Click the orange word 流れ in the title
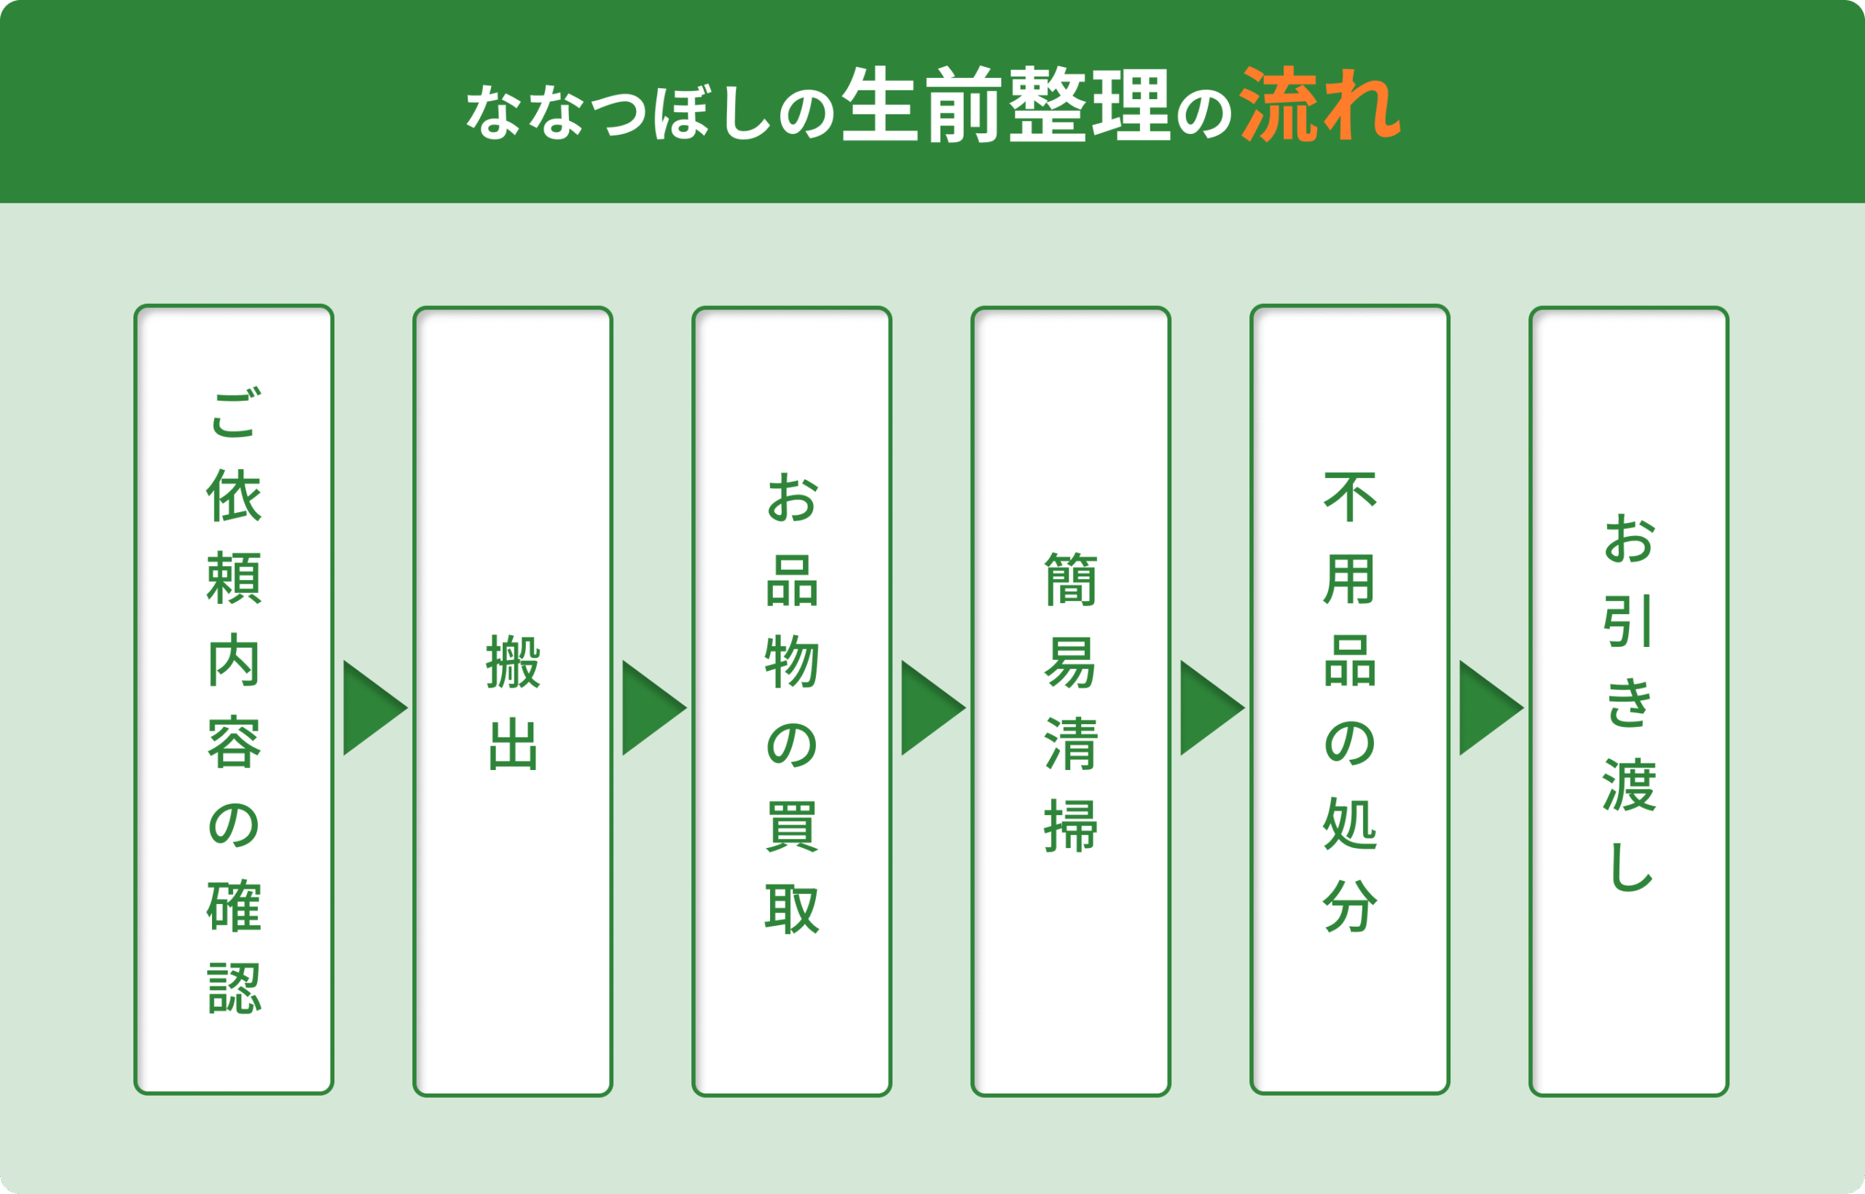point(1321,104)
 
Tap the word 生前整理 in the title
point(1005,104)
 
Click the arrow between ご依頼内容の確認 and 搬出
point(375,708)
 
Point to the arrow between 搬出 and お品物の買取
point(654,708)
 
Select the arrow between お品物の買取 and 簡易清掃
point(933,708)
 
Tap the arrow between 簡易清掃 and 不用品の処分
point(1212,708)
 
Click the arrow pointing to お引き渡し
point(1491,708)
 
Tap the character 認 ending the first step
point(234,989)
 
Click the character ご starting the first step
point(234,412)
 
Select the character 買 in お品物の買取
point(792,828)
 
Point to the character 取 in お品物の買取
point(792,908)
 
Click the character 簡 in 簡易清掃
point(1071,579)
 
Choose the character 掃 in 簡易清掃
point(1071,828)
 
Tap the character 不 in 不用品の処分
point(1350,497)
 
